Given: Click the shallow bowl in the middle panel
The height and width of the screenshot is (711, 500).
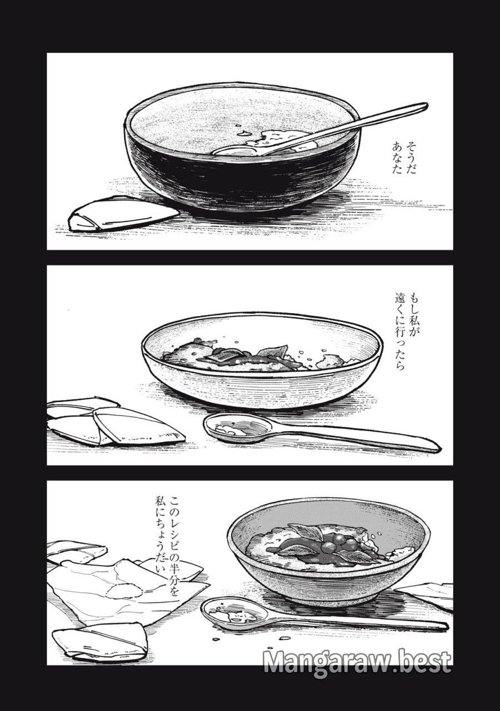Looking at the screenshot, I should point(261,383).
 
